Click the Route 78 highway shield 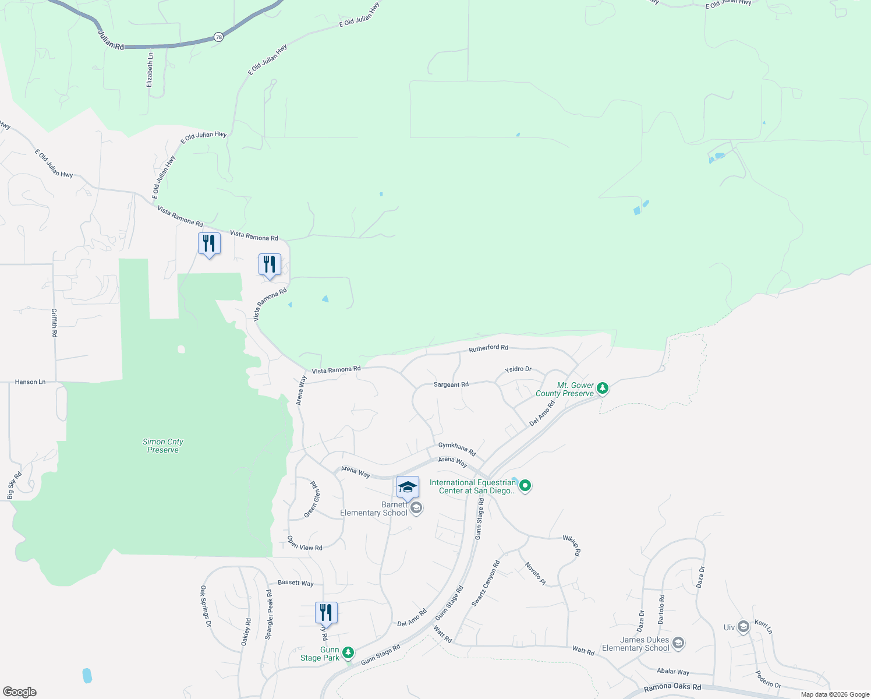click(x=218, y=37)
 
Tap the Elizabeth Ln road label click(x=150, y=70)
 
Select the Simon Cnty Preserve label click(x=163, y=446)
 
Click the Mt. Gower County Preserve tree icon click(x=603, y=388)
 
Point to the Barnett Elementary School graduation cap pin click(x=408, y=488)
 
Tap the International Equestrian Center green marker click(x=525, y=485)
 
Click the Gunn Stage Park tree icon click(x=348, y=652)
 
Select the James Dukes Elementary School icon click(x=678, y=643)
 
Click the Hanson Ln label click(x=30, y=382)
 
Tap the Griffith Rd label click(x=54, y=323)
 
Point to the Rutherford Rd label click(x=488, y=348)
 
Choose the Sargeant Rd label click(x=451, y=384)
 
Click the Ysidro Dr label click(x=518, y=369)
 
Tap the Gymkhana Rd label click(x=457, y=449)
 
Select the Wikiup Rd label click(x=572, y=545)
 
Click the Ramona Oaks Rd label click(x=672, y=688)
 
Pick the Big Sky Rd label click(x=14, y=485)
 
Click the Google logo click(x=20, y=692)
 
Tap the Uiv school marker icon click(x=743, y=627)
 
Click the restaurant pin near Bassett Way click(x=326, y=613)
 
